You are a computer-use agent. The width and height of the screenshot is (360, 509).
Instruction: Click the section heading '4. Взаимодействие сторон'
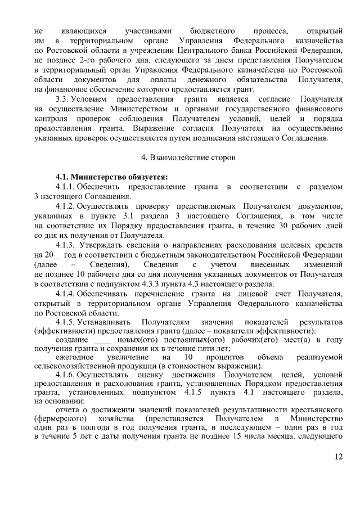(181, 158)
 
